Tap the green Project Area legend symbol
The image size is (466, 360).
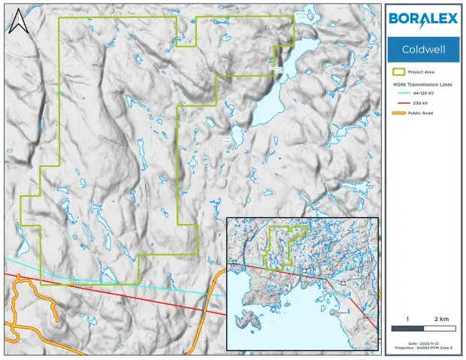(x=399, y=73)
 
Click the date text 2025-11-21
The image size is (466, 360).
(x=422, y=343)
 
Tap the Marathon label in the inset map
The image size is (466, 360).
(x=340, y=313)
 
